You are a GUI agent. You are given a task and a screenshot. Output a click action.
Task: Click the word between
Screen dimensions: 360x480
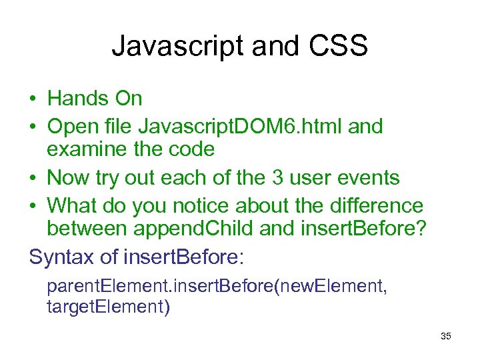(87, 229)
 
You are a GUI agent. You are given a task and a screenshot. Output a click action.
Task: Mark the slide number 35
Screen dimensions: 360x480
(445, 336)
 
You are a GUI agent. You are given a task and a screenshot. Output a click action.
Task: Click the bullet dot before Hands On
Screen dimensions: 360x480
(33, 99)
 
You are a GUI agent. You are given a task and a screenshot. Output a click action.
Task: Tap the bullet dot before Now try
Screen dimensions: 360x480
(33, 179)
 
